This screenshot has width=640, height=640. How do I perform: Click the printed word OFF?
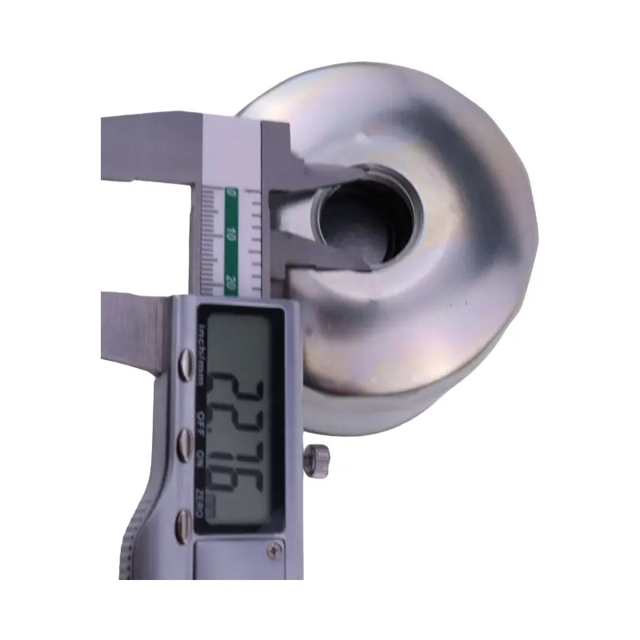200,418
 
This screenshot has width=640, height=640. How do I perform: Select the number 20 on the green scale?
230,282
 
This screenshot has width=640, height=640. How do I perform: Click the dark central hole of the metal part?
360,220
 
